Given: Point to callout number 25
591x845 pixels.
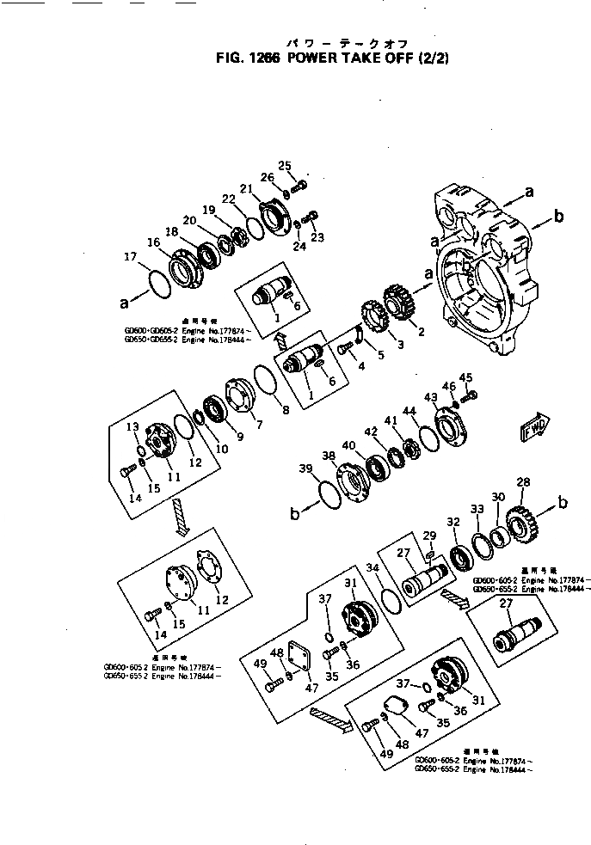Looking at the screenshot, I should click(x=286, y=165).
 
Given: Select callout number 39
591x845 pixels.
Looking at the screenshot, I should click(x=306, y=468).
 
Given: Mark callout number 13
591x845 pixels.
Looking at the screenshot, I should click(x=133, y=427).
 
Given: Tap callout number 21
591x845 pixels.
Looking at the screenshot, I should click(x=246, y=189).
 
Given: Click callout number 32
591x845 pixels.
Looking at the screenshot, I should click(x=453, y=522).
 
